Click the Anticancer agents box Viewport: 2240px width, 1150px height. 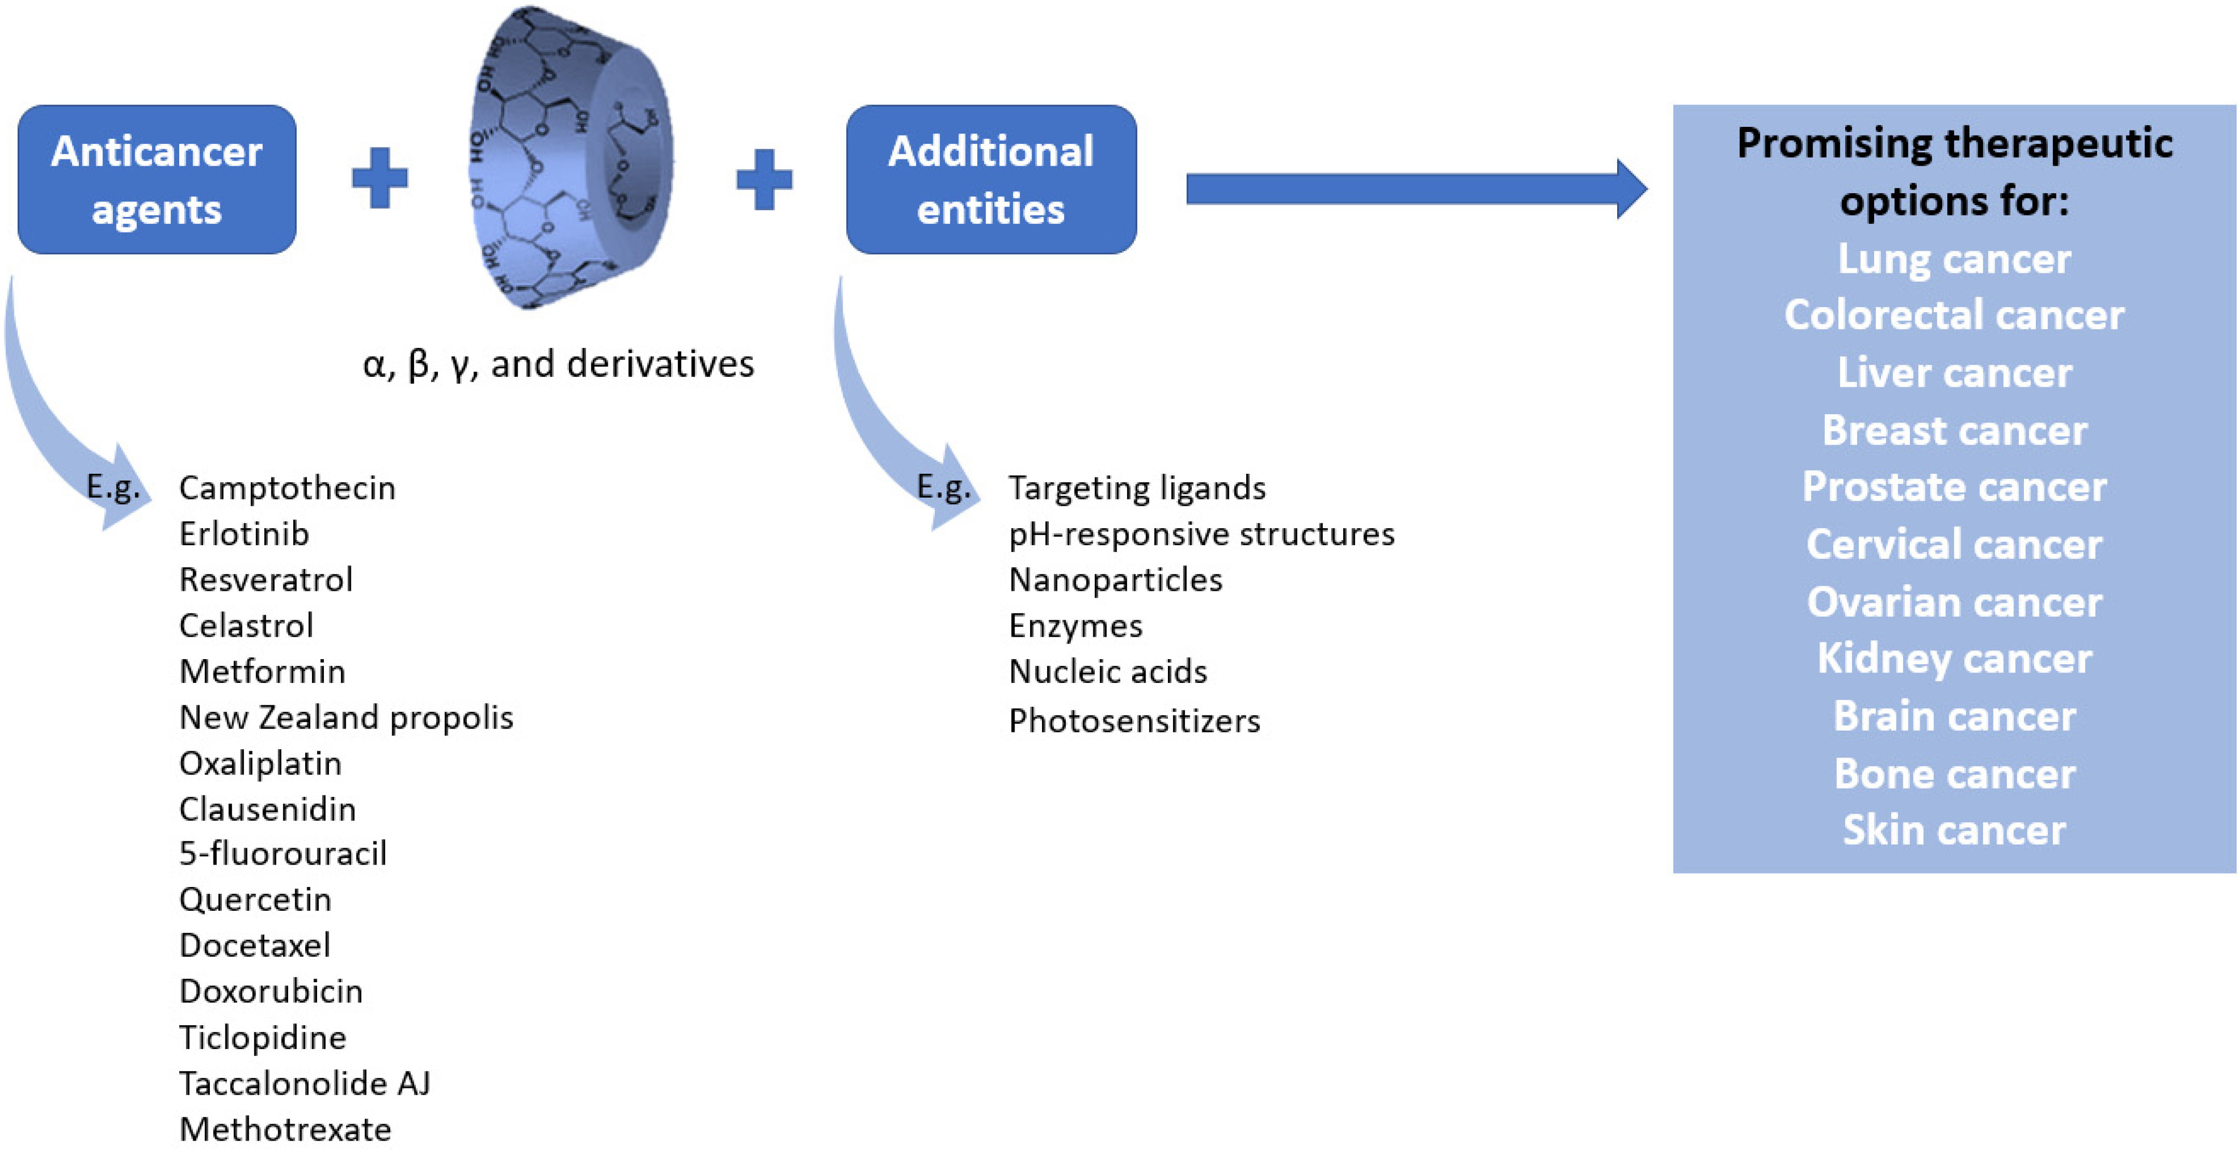pyautogui.click(x=156, y=180)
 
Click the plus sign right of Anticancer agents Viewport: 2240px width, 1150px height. pyautogui.click(x=379, y=178)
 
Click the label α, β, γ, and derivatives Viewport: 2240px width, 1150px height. pyautogui.click(x=558, y=364)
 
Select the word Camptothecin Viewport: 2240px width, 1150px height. pyautogui.click(x=287, y=488)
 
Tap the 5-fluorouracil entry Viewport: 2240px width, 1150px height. pyautogui.click(x=282, y=854)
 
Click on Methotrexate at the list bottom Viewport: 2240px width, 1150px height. pyautogui.click(x=285, y=1129)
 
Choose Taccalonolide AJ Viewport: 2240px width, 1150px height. pyautogui.click(x=304, y=1084)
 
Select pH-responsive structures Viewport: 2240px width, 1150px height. pyautogui.click(x=1201, y=534)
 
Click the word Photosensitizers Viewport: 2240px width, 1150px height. pyautogui.click(x=1134, y=721)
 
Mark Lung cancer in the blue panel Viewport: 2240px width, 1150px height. pyautogui.click(x=1954, y=259)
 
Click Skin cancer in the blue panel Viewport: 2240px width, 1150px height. pyautogui.click(x=1954, y=830)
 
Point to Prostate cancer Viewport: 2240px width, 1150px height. pyautogui.click(x=1954, y=487)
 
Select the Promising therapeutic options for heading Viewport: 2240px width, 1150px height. pyautogui.click(x=1954, y=171)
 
